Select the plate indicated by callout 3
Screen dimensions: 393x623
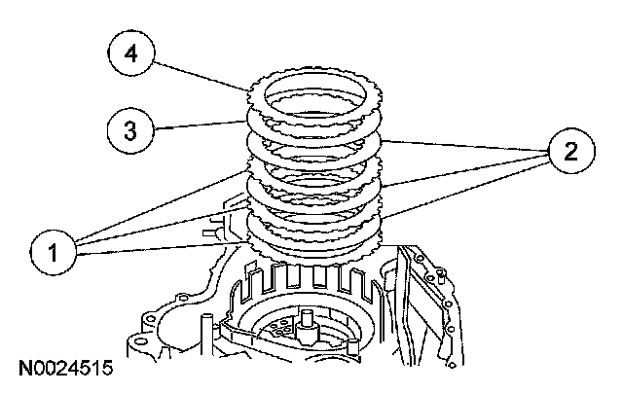pyautogui.click(x=255, y=121)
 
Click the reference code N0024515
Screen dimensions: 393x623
pyautogui.click(x=64, y=370)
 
